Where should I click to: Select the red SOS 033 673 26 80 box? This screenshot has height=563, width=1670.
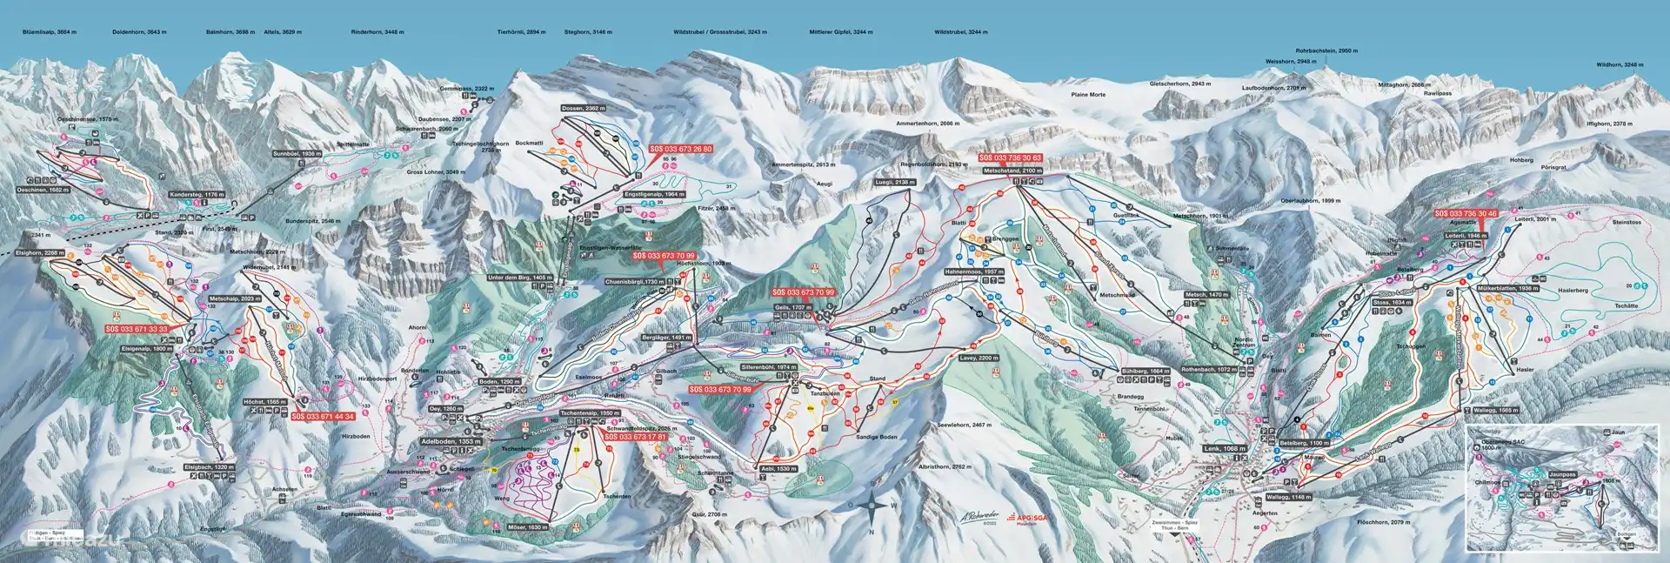point(681,149)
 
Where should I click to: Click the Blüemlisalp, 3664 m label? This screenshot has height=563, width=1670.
point(50,31)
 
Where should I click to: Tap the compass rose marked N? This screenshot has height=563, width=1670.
point(871,504)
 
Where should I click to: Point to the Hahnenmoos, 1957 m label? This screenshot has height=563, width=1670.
point(980,272)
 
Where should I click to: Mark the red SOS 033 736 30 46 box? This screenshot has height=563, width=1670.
point(1466,213)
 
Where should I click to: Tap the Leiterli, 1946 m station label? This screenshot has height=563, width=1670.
point(1467,236)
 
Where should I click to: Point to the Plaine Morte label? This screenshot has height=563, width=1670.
point(1088,94)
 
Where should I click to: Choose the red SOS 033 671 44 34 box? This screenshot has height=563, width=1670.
point(323,416)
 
